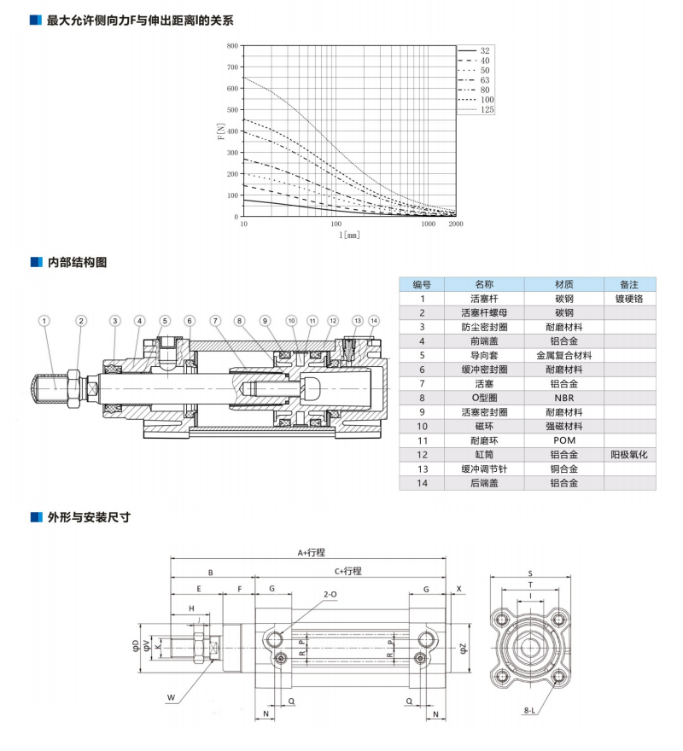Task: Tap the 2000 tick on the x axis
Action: point(455,224)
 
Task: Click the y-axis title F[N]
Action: point(219,132)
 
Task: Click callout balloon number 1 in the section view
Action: point(44,321)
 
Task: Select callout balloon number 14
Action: point(374,321)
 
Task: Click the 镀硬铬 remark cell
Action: point(630,300)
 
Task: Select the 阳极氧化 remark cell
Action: point(630,454)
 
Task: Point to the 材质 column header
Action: point(563,284)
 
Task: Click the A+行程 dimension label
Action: point(312,552)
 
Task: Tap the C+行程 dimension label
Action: point(348,570)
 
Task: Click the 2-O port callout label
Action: point(330,594)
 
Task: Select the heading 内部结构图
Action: point(77,262)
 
